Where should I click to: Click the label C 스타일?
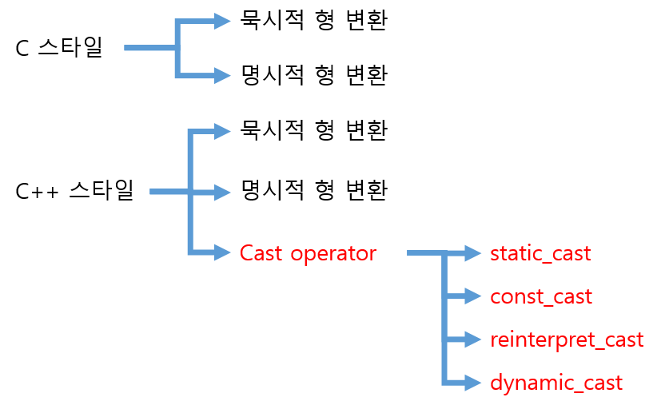tap(59, 48)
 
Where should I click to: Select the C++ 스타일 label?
tap(74, 192)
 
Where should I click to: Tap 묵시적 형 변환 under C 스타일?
tap(313, 21)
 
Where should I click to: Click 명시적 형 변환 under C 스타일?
tap(313, 75)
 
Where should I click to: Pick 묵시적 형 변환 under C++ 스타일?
tap(313, 129)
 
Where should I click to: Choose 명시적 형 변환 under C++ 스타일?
tap(313, 191)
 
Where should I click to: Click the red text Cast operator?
tap(308, 253)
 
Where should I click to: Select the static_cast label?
tap(540, 254)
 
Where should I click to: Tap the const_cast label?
tap(541, 297)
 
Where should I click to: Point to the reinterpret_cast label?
tap(567, 339)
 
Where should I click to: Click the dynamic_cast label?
tap(555, 383)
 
